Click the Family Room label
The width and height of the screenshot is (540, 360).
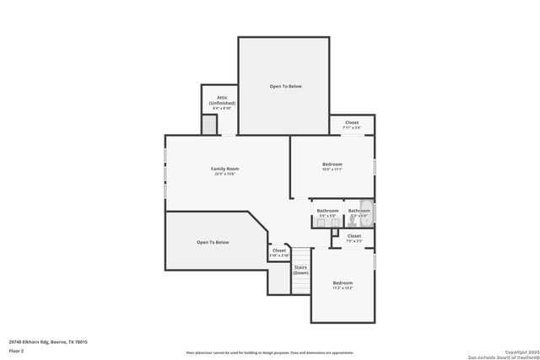coord(224,169)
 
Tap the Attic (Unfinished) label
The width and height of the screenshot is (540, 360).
coord(221,100)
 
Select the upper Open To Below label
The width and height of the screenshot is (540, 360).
coord(285,86)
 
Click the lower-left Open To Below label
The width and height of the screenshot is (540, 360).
coord(213,242)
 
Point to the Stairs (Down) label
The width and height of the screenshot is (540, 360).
coord(300,270)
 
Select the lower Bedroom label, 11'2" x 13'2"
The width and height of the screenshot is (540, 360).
coord(342,282)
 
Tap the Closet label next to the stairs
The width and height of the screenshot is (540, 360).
coord(279,250)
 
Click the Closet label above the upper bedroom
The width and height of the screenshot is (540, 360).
coord(352,122)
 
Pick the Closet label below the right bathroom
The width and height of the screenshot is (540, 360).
coord(354,236)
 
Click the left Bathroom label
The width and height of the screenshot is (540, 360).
coord(327,210)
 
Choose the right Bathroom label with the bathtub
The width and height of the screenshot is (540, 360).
coord(359,210)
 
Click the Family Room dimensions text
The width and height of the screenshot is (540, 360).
coord(224,175)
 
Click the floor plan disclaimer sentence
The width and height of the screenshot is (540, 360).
coord(268,352)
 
